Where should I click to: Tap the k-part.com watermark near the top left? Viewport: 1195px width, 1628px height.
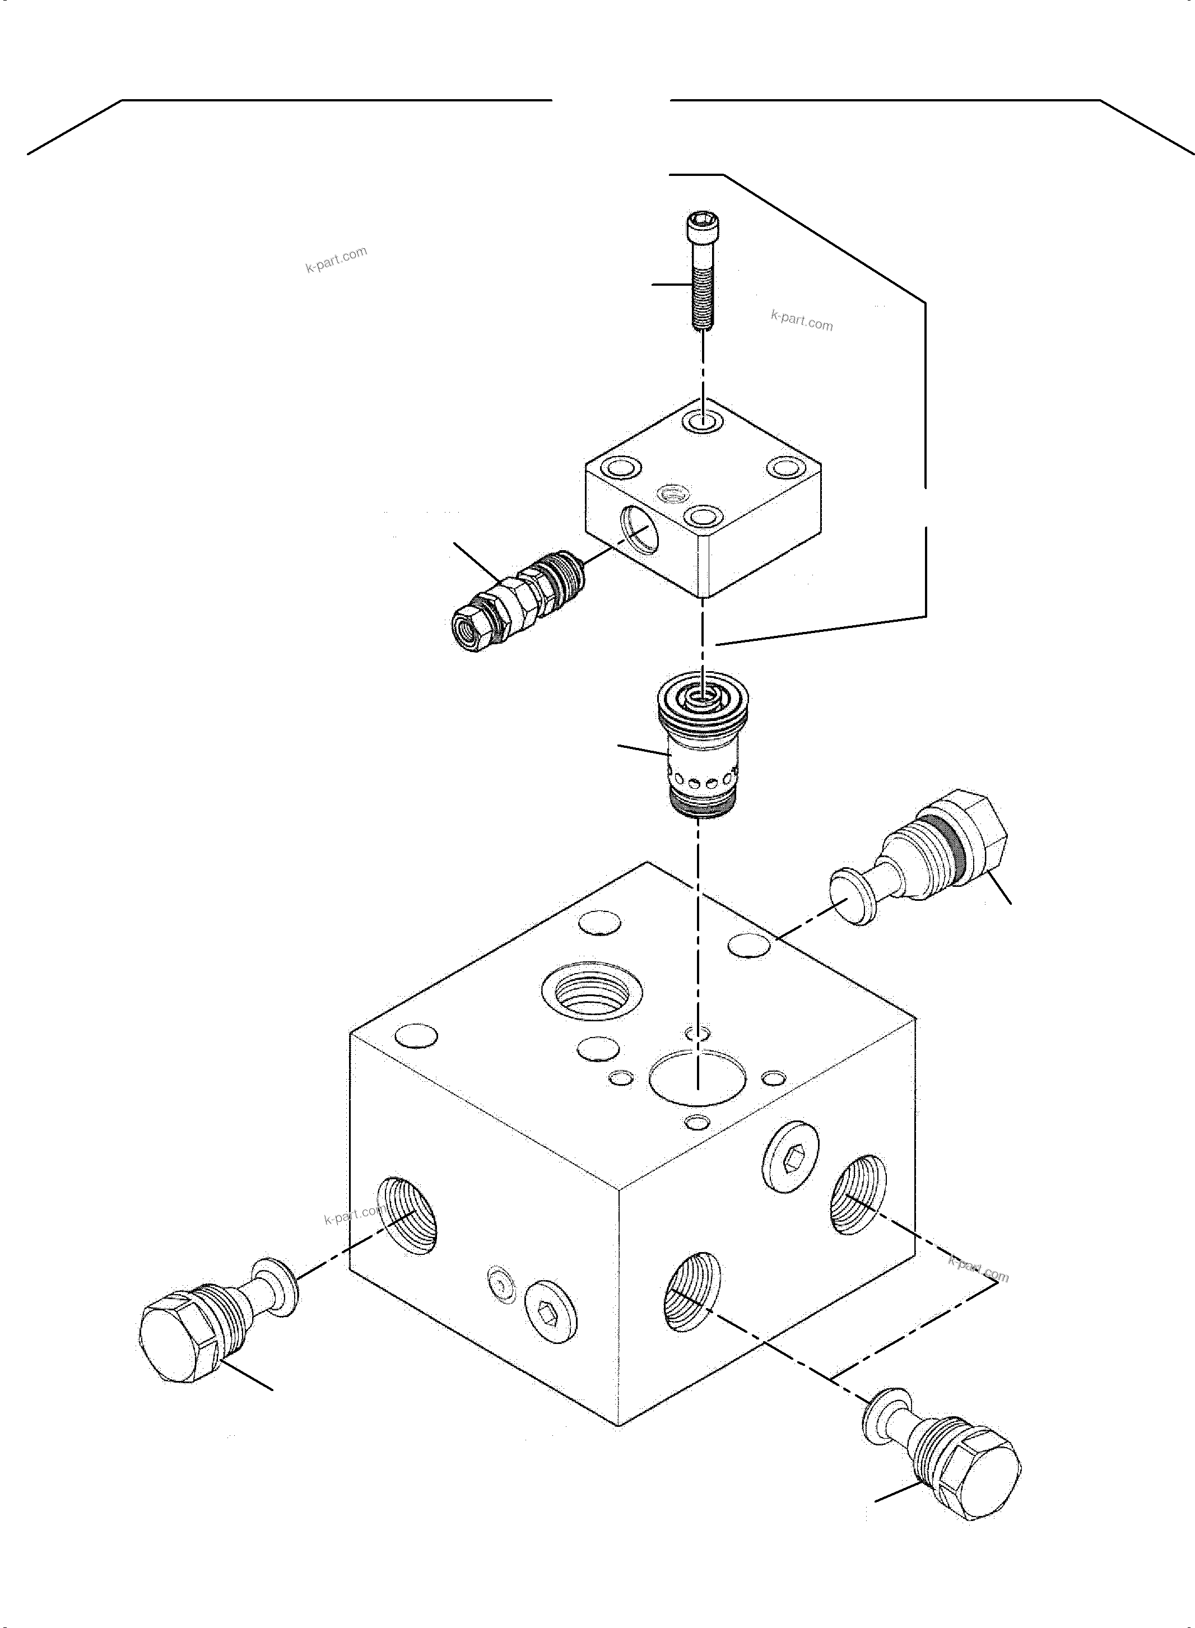[336, 259]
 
